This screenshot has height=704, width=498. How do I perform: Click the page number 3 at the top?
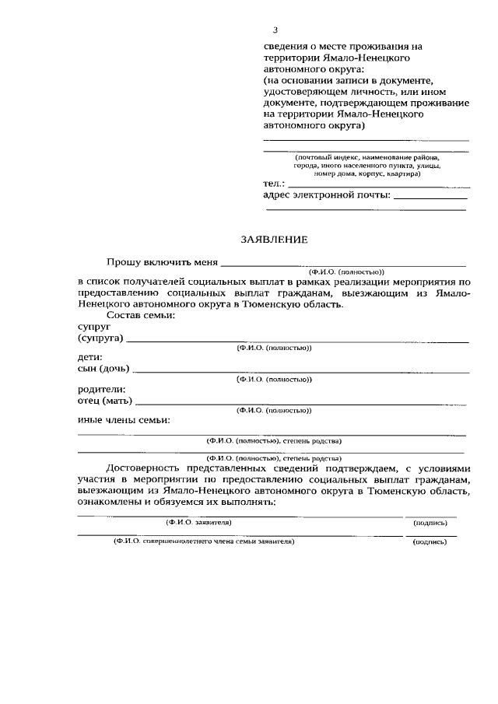coord(275,30)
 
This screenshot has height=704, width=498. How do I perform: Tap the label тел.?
coord(275,184)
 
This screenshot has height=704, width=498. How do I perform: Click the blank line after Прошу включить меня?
coord(342,265)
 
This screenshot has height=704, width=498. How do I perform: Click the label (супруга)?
coord(100,339)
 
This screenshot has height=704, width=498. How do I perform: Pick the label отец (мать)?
coord(104,401)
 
